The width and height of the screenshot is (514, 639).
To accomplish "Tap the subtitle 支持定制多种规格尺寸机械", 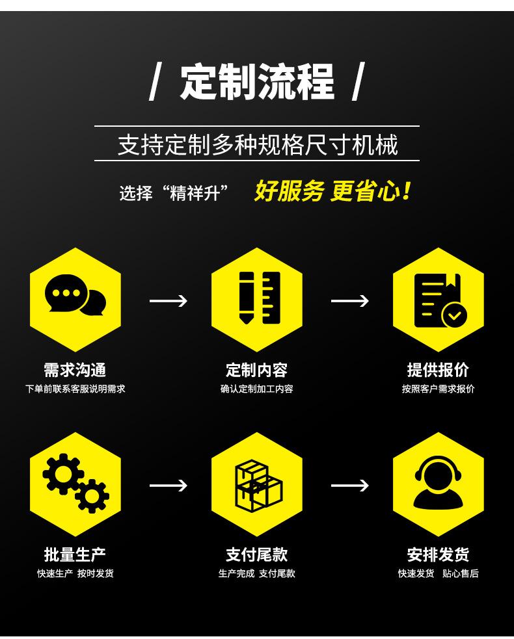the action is click(257, 144).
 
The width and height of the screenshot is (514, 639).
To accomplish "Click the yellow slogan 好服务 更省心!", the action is click(332, 191).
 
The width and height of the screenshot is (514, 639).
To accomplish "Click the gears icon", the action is click(75, 483).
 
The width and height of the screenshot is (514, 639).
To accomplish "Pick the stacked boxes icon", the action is click(257, 483).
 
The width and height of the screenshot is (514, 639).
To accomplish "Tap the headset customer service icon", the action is click(439, 483).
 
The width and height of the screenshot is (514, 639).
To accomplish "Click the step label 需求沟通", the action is click(75, 370).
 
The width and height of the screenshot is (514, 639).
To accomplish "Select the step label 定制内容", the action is click(257, 370).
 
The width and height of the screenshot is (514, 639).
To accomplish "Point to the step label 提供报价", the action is click(439, 370).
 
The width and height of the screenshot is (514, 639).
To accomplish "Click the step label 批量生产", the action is click(75, 554).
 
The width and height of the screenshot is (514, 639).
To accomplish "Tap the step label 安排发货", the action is click(439, 554).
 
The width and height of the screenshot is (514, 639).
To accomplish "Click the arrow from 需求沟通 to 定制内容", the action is click(168, 300).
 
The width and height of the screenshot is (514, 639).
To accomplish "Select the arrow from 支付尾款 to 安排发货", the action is click(350, 485).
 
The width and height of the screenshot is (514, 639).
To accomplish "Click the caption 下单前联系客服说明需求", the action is click(75, 389).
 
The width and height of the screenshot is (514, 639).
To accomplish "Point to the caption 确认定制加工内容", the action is click(257, 389).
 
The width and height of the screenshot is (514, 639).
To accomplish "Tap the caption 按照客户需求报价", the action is click(439, 389).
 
